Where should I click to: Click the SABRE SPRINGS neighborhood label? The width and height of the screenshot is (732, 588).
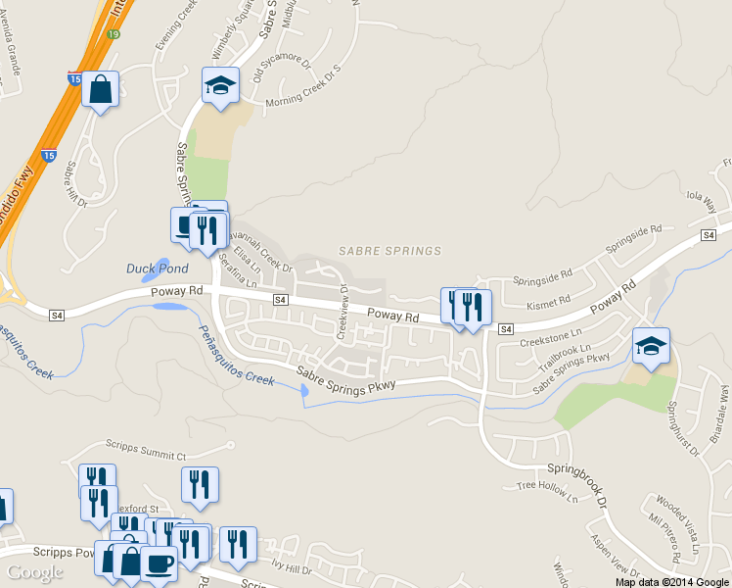389,252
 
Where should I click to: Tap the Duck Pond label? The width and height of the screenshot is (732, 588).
157,268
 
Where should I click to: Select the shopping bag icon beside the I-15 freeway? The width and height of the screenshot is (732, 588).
101,90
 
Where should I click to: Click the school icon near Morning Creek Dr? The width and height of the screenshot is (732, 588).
220,85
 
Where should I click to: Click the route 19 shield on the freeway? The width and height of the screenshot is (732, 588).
114,33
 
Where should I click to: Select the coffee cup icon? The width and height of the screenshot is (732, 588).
160,563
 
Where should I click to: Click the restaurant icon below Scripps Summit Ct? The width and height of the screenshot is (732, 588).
200,485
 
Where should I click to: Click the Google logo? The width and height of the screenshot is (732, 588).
34,572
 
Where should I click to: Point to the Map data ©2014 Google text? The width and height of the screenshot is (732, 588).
672,581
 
